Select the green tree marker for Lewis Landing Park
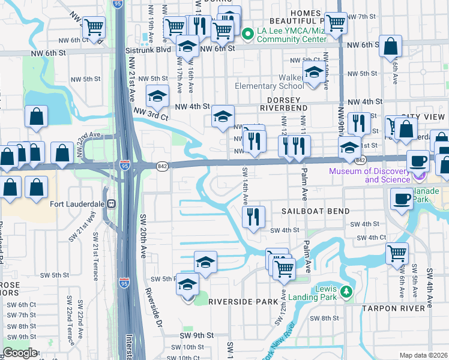(x=345, y=292)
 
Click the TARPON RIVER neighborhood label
(x=397, y=308)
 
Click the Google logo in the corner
(x=20, y=353)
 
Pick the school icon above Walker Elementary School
(x=313, y=73)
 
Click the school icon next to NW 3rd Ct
(x=157, y=95)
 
